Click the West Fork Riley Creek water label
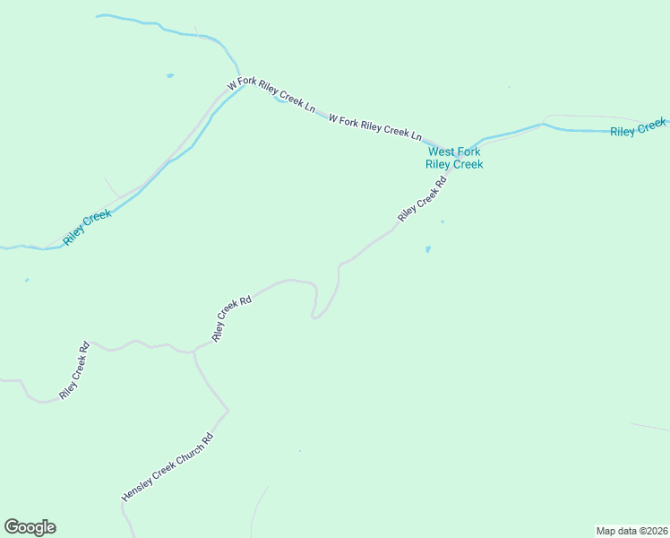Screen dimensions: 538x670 coord(454,158)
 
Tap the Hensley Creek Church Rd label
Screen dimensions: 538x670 coord(168,467)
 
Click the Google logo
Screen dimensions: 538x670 coord(30,527)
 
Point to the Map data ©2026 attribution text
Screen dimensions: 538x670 coord(631,530)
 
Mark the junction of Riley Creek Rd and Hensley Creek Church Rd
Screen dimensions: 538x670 coord(194,351)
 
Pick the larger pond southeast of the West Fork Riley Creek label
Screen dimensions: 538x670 coord(428,249)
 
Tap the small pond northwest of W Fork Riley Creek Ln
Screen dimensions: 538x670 coord(169,76)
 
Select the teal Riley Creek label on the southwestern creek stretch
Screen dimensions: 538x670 coord(87,228)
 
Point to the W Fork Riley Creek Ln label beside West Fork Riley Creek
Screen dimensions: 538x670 coord(374,126)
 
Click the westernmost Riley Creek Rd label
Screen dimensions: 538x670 coord(74,369)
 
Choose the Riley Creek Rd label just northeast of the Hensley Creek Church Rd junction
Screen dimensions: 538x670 coord(231,318)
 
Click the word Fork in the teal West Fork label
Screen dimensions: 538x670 coord(468,152)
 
